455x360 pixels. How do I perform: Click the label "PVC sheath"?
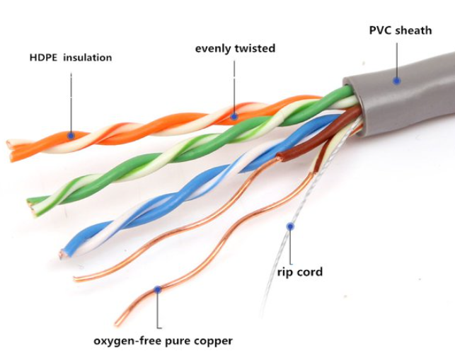[x=401, y=30]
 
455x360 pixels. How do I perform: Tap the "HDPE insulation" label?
[x=71, y=57]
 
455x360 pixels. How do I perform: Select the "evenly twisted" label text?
[x=235, y=48]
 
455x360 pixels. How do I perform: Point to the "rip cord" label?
[x=300, y=272]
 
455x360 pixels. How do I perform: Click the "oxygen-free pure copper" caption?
[x=163, y=341]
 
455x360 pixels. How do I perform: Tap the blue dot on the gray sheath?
[x=397, y=81]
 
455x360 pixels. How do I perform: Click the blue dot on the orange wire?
[x=71, y=135]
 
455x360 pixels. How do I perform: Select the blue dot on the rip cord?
[x=290, y=226]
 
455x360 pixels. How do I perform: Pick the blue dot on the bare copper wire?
[x=157, y=289]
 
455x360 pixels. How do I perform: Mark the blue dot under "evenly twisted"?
[x=234, y=117]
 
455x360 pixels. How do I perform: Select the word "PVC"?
[x=380, y=30]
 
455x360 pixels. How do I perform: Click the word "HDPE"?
[x=44, y=57]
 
